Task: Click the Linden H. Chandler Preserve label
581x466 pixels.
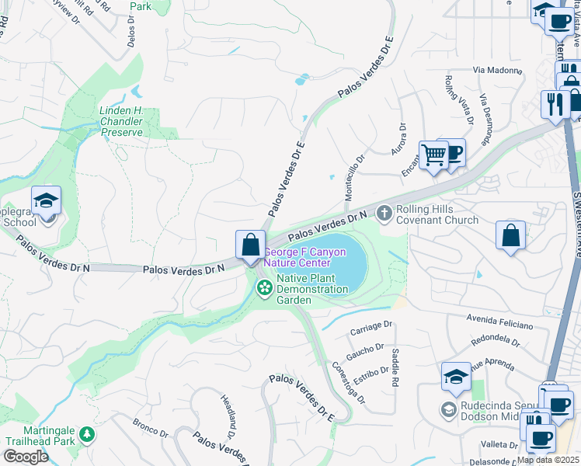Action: click(122, 121)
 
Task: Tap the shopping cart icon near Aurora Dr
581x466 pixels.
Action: click(433, 155)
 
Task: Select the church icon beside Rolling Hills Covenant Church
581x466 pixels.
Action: click(384, 213)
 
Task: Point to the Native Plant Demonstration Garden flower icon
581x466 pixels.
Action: click(264, 289)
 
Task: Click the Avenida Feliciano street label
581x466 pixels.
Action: click(499, 318)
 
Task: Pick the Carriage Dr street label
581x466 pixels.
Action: click(371, 329)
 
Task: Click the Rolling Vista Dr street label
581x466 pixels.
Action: click(458, 99)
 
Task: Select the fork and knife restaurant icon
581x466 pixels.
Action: click(555, 104)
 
